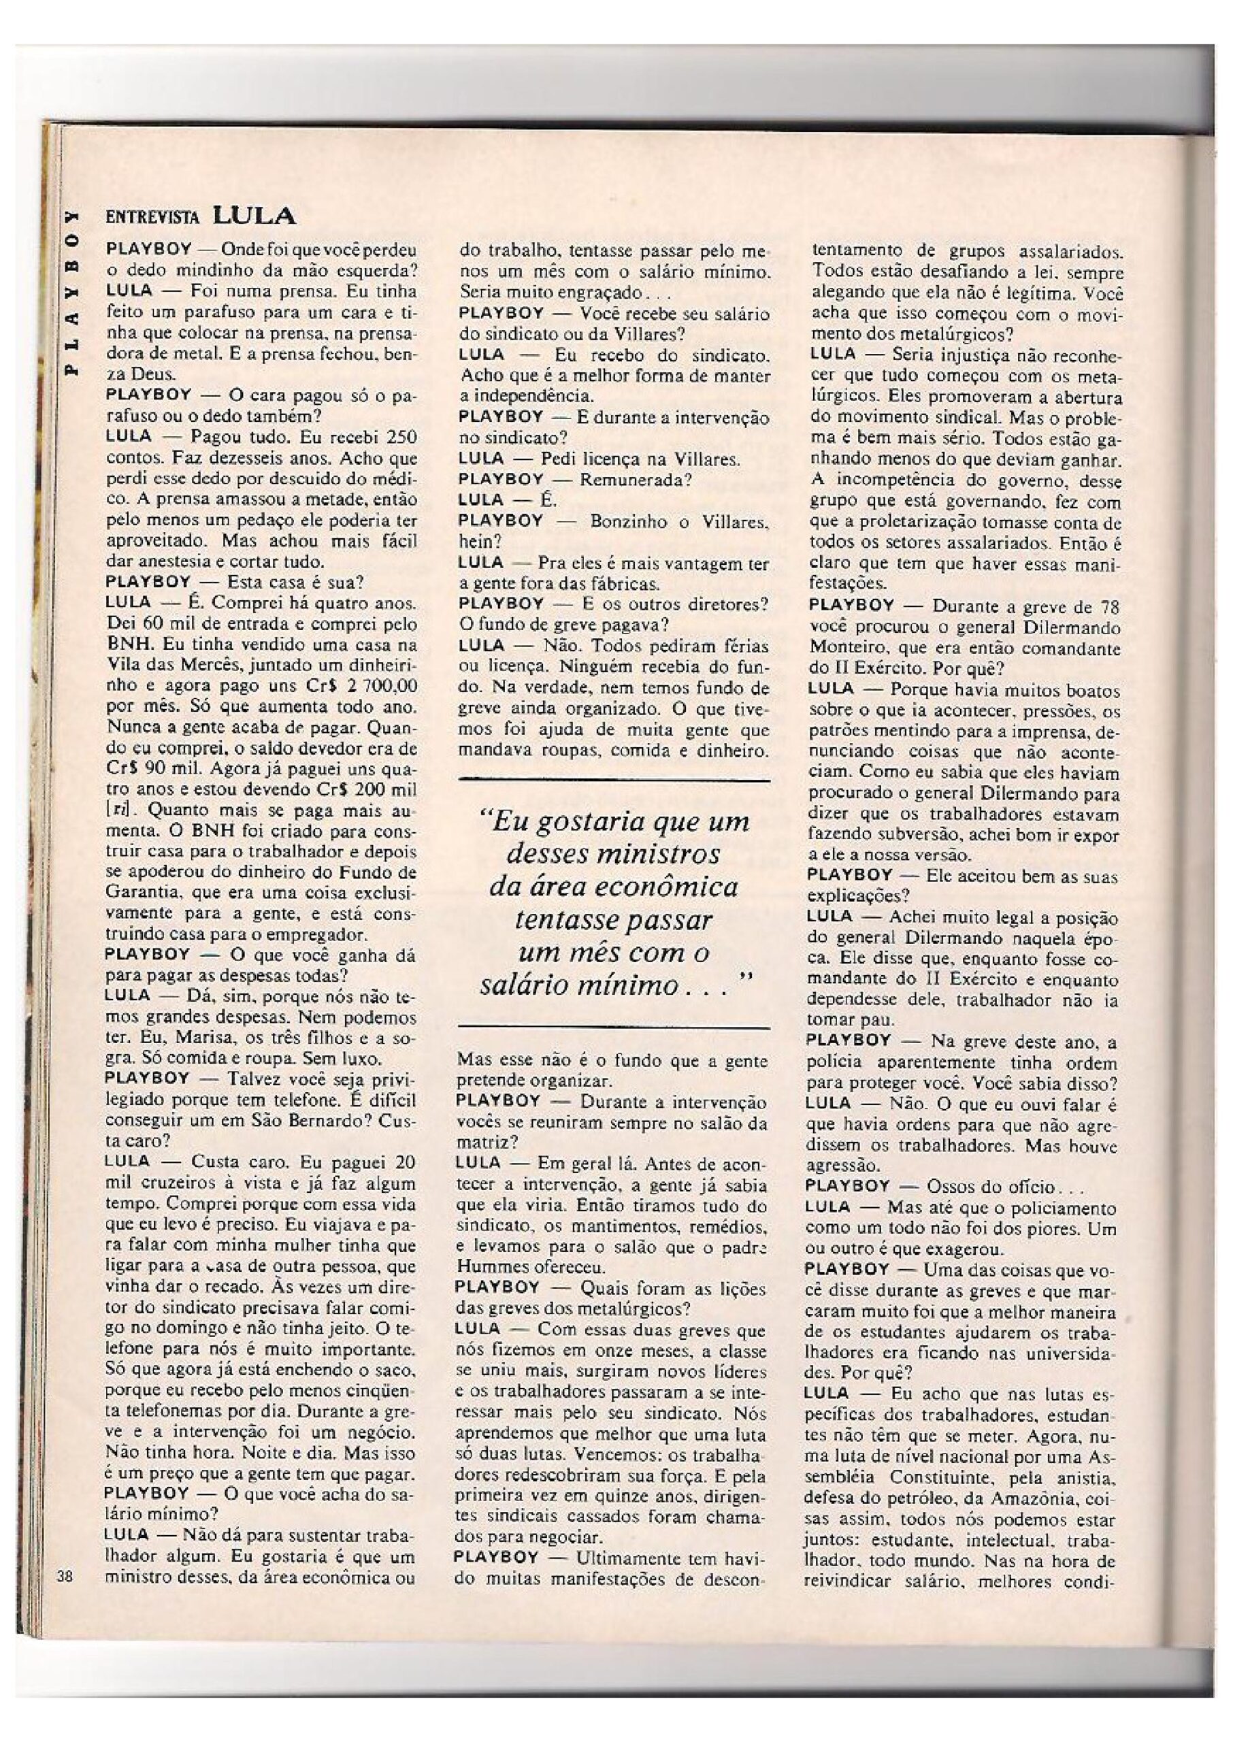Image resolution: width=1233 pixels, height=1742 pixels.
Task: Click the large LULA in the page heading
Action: (x=254, y=216)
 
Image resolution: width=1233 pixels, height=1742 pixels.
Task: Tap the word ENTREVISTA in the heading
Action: (x=152, y=218)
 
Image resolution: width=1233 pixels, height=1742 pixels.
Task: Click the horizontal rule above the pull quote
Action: (x=615, y=780)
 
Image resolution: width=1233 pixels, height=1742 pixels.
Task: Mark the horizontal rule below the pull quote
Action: (x=615, y=1028)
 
